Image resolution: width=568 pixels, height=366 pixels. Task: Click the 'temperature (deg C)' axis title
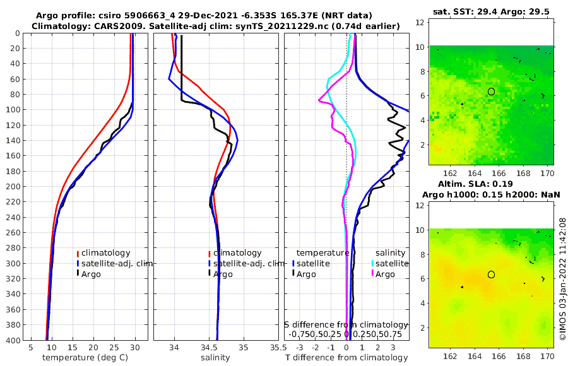86,358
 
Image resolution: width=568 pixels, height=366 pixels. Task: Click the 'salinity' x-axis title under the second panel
215,358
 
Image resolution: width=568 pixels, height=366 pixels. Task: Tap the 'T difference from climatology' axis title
347,358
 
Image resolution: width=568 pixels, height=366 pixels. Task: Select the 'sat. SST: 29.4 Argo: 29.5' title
492,13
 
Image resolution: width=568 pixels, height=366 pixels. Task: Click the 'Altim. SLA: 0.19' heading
492,183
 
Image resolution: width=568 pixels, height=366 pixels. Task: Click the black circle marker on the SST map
491,91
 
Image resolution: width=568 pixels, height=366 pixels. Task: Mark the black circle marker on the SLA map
491,274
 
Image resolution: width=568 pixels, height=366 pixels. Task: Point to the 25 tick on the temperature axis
114,347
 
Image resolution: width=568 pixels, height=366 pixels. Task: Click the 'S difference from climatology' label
346,324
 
